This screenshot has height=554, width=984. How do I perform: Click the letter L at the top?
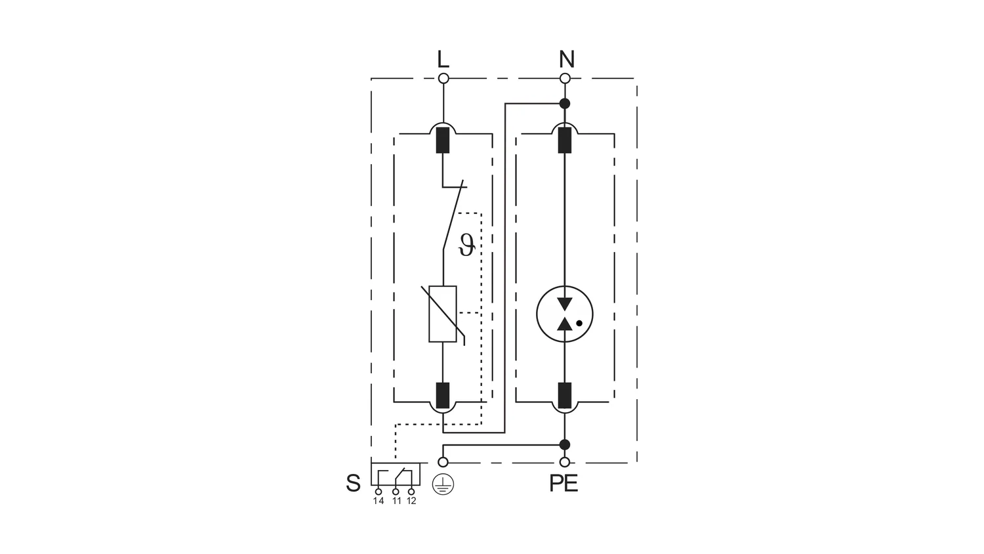pyautogui.click(x=443, y=60)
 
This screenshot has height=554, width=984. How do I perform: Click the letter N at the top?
pyautogui.click(x=566, y=60)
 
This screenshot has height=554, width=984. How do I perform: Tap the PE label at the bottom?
pyautogui.click(x=564, y=484)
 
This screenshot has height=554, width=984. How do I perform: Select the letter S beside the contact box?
pyautogui.click(x=353, y=484)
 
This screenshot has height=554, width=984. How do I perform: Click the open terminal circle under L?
pyautogui.click(x=443, y=79)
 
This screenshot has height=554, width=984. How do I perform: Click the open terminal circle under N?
pyautogui.click(x=565, y=79)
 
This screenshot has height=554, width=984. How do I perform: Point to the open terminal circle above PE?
pyautogui.click(x=565, y=462)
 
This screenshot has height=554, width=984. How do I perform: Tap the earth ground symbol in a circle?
pyautogui.click(x=443, y=485)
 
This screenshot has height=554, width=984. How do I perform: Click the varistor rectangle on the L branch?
pyautogui.click(x=443, y=314)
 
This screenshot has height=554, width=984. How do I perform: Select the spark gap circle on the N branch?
pyautogui.click(x=565, y=314)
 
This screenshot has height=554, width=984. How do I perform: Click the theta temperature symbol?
pyautogui.click(x=466, y=245)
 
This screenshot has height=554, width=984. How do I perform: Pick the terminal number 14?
pyautogui.click(x=379, y=501)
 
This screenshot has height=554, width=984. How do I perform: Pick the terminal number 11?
pyautogui.click(x=396, y=501)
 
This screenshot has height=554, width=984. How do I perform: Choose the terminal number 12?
pyautogui.click(x=411, y=501)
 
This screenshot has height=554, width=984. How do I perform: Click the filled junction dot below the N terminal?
pyautogui.click(x=565, y=104)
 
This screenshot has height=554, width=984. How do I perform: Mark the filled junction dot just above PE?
pyautogui.click(x=565, y=445)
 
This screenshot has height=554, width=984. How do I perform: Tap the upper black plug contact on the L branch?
pyautogui.click(x=443, y=140)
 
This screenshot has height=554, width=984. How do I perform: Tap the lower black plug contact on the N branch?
pyautogui.click(x=565, y=395)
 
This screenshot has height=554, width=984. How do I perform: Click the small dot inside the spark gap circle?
pyautogui.click(x=579, y=323)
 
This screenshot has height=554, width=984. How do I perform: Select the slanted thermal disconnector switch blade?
pyautogui.click(x=454, y=217)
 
